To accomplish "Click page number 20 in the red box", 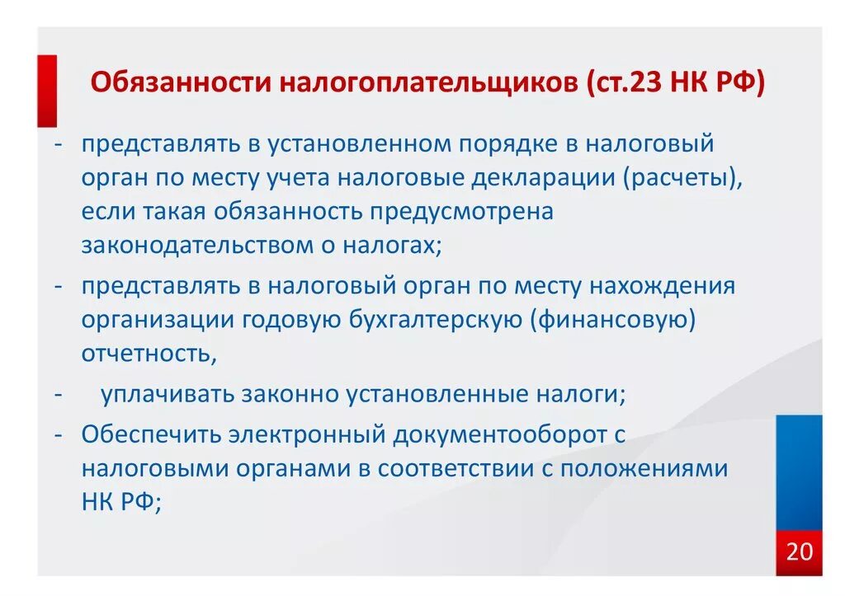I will point(799,551).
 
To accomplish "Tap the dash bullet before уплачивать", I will point(60,394).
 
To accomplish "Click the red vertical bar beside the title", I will point(46,90).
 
